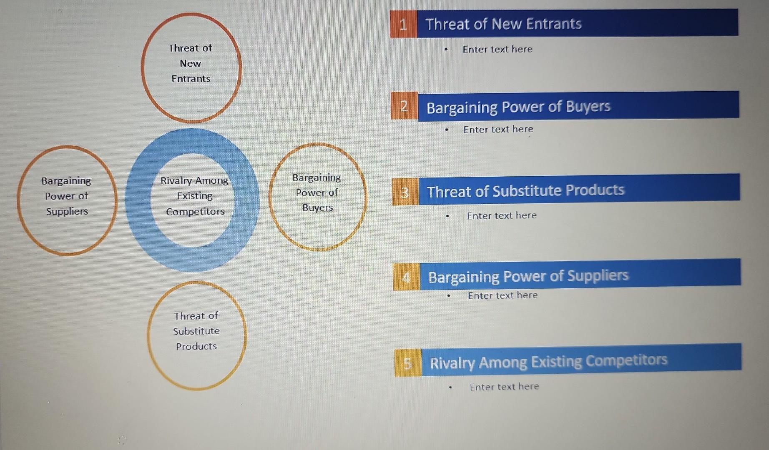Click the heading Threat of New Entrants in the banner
point(503,24)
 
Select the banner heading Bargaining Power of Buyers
point(518,107)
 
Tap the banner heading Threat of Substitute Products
point(525,191)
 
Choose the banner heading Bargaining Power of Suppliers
point(528,276)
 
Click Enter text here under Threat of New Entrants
point(498,49)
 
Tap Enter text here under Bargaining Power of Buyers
point(498,129)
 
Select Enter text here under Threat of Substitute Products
point(502,215)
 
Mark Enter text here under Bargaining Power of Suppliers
point(503,295)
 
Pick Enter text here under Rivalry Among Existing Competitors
point(504,387)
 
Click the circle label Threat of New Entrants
point(191,63)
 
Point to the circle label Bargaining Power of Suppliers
point(66,196)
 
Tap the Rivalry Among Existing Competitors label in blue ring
point(195,196)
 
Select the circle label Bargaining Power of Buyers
point(317,192)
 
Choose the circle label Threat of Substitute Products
point(196,331)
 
